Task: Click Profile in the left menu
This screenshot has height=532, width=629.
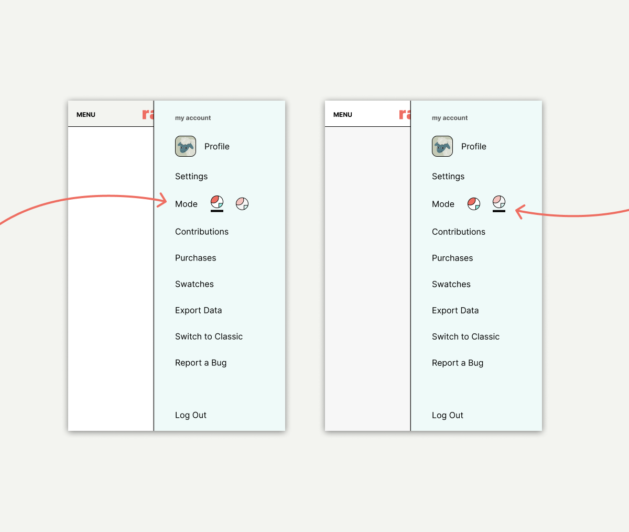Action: [216, 146]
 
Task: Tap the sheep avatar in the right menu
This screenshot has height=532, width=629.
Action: [442, 146]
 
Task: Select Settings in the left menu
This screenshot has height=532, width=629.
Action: [191, 177]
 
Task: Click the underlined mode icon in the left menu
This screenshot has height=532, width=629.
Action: [217, 202]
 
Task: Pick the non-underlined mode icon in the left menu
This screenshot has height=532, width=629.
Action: [242, 203]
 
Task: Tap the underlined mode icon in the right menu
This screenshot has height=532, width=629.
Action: [499, 202]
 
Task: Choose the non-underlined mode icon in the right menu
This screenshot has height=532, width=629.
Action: [474, 203]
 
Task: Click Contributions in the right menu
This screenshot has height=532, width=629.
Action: [458, 232]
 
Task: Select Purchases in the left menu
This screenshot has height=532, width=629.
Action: [196, 258]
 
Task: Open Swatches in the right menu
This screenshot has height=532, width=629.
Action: [451, 284]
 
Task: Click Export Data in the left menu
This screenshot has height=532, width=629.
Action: [199, 310]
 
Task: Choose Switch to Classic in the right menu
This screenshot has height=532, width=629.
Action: [465, 336]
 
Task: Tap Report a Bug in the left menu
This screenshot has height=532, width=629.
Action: [201, 363]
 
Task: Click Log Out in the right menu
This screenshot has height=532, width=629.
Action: [447, 416]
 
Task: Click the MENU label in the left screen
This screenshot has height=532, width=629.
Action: [86, 115]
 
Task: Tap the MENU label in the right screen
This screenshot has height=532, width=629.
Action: [343, 115]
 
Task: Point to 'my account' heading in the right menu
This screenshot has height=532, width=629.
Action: [449, 118]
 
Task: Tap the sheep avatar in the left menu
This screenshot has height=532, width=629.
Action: [186, 146]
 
